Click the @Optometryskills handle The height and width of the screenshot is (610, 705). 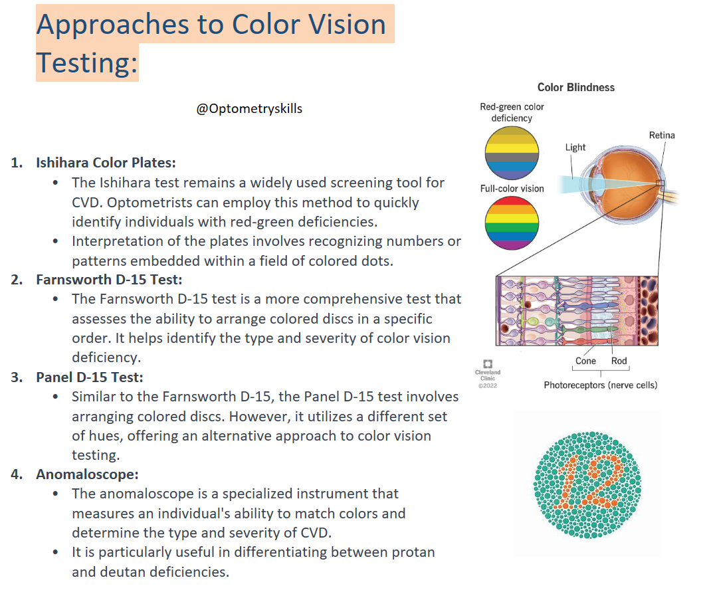[x=249, y=109]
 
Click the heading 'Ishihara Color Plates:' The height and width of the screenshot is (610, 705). [x=106, y=163]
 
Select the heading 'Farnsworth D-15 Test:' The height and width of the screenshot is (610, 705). [x=109, y=280]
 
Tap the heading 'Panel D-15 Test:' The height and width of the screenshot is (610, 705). [x=90, y=377]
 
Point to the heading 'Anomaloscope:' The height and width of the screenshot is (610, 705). [x=78, y=475]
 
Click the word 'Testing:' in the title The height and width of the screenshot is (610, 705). [x=86, y=64]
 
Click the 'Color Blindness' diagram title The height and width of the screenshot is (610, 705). [x=576, y=88]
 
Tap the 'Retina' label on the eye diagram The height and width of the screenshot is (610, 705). [x=661, y=136]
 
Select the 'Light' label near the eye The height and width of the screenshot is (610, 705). [x=575, y=148]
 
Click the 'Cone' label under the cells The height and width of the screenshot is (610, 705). [x=585, y=361]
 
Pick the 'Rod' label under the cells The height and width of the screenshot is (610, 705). [x=619, y=361]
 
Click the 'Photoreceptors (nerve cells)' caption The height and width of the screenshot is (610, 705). [x=600, y=385]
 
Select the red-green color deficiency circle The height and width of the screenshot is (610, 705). [x=512, y=152]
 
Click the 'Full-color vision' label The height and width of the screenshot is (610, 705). [x=512, y=189]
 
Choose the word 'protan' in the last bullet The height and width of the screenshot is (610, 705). [x=413, y=553]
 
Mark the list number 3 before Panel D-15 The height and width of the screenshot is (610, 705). [x=17, y=377]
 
